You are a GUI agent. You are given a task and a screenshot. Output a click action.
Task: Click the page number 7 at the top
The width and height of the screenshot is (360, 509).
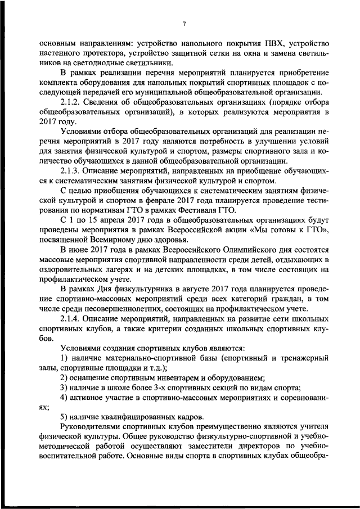[183, 23]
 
